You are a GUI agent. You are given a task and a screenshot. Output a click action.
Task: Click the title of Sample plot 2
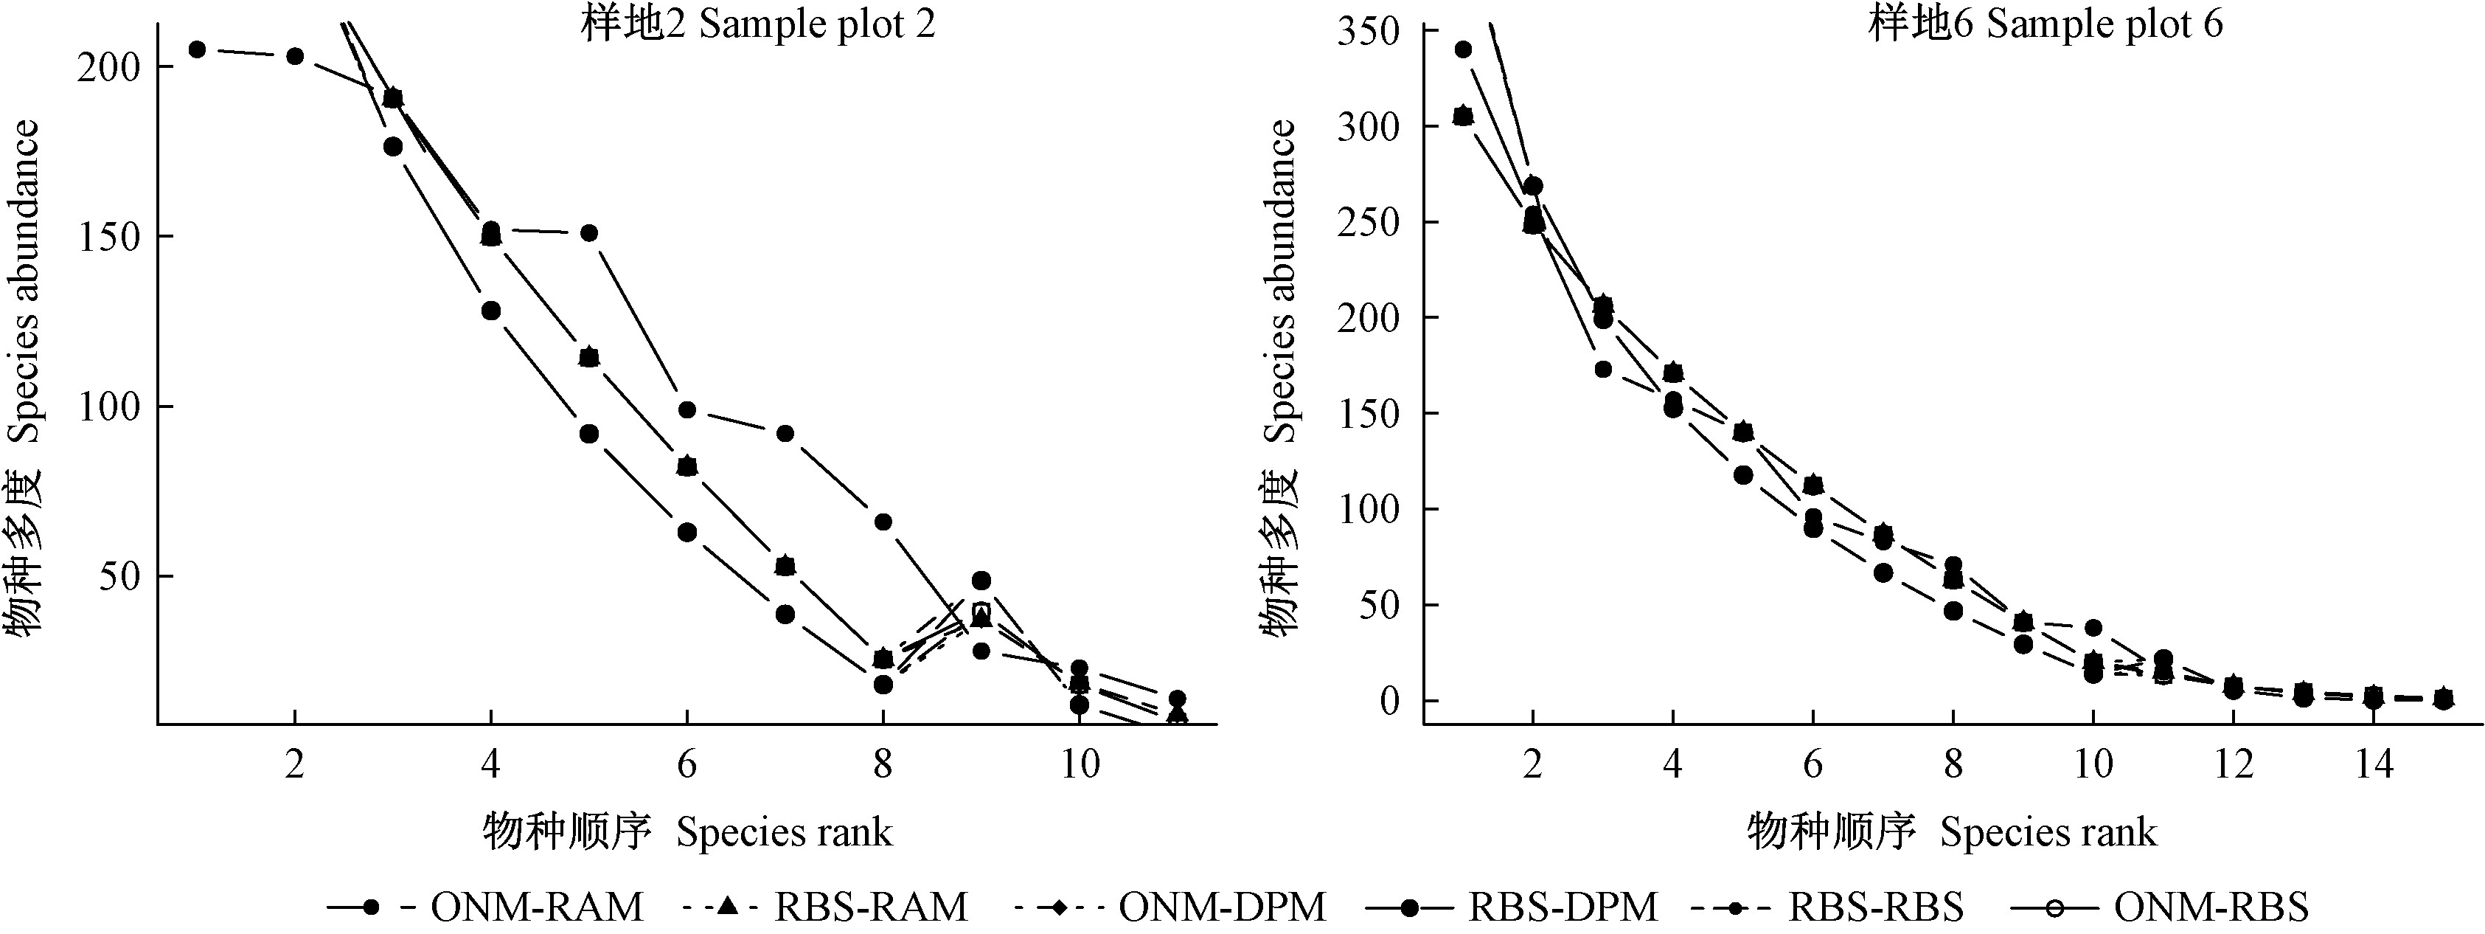(x=757, y=24)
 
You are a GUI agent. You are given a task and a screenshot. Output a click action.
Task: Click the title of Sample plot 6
(x=2045, y=24)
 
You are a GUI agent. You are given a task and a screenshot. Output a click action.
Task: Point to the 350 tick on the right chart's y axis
(x=1368, y=32)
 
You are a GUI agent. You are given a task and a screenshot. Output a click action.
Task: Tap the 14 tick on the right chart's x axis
(x=2374, y=764)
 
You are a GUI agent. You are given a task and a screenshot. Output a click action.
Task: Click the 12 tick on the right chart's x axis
(x=2234, y=764)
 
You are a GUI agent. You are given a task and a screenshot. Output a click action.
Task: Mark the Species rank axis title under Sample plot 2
(x=687, y=831)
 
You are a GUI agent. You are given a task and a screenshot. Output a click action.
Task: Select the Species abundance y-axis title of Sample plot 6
(x=1281, y=376)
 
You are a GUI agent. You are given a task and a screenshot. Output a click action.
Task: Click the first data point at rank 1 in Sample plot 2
(x=197, y=49)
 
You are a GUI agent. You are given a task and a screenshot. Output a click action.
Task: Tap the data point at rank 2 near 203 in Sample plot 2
(x=295, y=56)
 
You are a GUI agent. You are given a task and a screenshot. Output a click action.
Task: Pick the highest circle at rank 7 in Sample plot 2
(x=785, y=433)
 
